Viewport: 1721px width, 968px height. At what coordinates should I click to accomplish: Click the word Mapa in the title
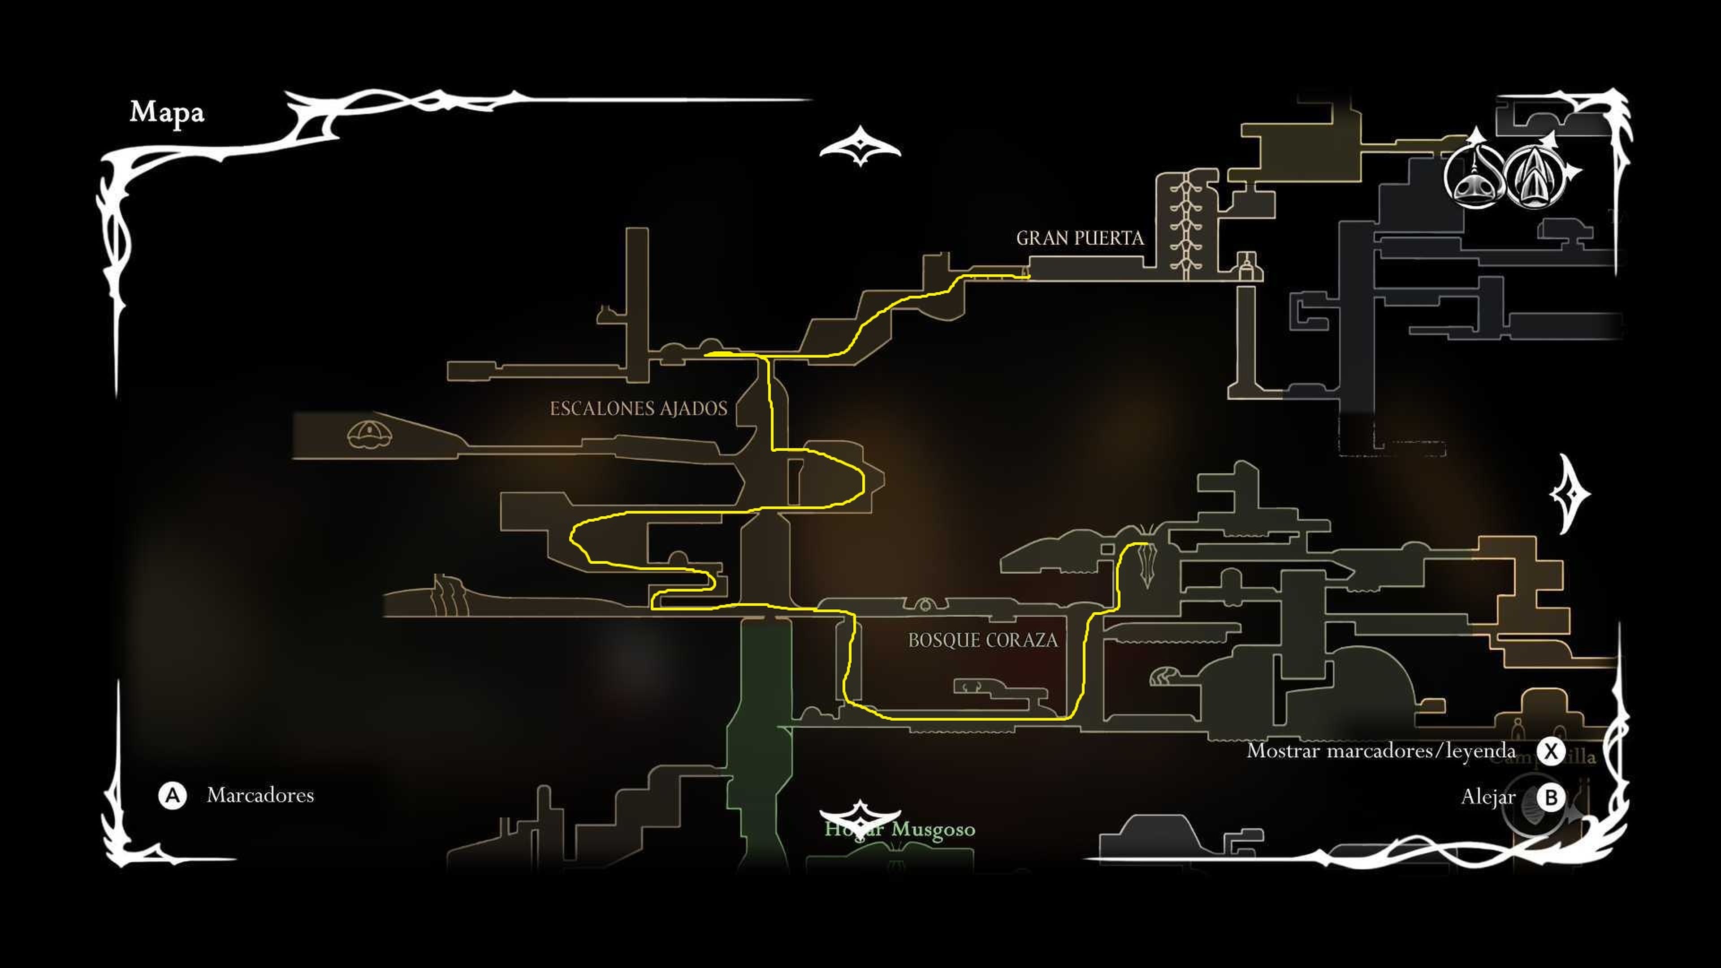(x=166, y=112)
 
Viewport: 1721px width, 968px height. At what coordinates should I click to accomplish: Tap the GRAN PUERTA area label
(x=1080, y=238)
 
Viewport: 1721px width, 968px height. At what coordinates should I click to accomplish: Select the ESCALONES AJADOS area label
(x=638, y=408)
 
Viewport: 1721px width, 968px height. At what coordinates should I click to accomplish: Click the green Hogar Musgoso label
(x=900, y=829)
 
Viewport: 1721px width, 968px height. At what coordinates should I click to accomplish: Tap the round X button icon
(x=1551, y=751)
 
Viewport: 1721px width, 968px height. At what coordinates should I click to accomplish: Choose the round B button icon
(x=1551, y=797)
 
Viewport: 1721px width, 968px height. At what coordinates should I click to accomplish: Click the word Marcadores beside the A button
(x=260, y=795)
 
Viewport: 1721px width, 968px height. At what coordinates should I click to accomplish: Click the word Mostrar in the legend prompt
(x=1283, y=751)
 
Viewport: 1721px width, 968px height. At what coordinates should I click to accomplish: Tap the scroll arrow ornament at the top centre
(x=860, y=146)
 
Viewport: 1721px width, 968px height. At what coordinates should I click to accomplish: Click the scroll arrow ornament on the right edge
(x=1570, y=494)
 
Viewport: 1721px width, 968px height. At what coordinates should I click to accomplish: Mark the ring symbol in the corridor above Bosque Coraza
(x=925, y=605)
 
